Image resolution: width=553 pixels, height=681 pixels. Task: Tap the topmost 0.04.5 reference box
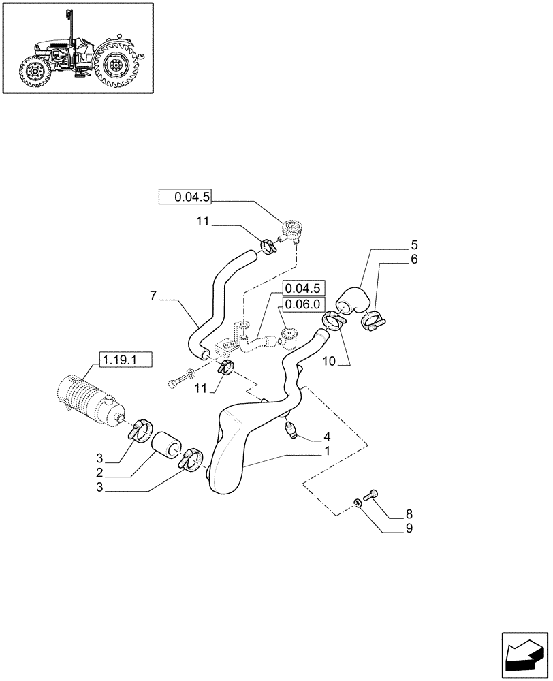tap(185, 197)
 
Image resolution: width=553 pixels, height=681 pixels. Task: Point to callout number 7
tap(154, 295)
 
